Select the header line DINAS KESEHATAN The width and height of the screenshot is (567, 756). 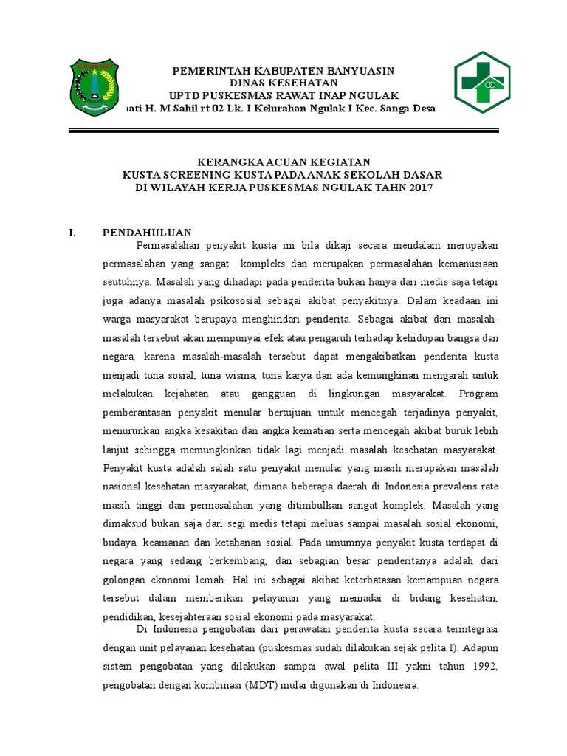[283, 83]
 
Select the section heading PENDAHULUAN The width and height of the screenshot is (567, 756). [147, 232]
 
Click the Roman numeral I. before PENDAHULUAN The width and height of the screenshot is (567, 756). [72, 232]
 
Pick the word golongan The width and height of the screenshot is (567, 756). [126, 579]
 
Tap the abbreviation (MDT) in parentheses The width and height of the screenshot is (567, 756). [258, 685]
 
